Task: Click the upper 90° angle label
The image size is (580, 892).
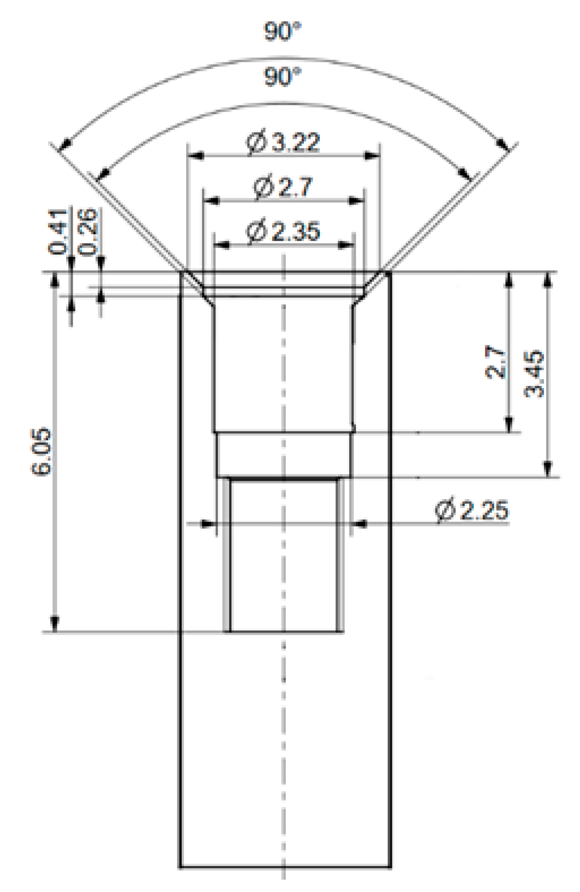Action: [x=283, y=32]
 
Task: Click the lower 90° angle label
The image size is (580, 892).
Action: [x=283, y=77]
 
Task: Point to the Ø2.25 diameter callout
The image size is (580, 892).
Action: [x=471, y=510]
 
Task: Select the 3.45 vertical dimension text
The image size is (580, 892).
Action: [x=534, y=374]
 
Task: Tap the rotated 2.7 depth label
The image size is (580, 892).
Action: [x=495, y=362]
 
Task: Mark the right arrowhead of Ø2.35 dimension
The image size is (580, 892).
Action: [x=347, y=245]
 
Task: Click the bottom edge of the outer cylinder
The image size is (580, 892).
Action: [x=285, y=868]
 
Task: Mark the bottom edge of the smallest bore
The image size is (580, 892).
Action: [x=285, y=632]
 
